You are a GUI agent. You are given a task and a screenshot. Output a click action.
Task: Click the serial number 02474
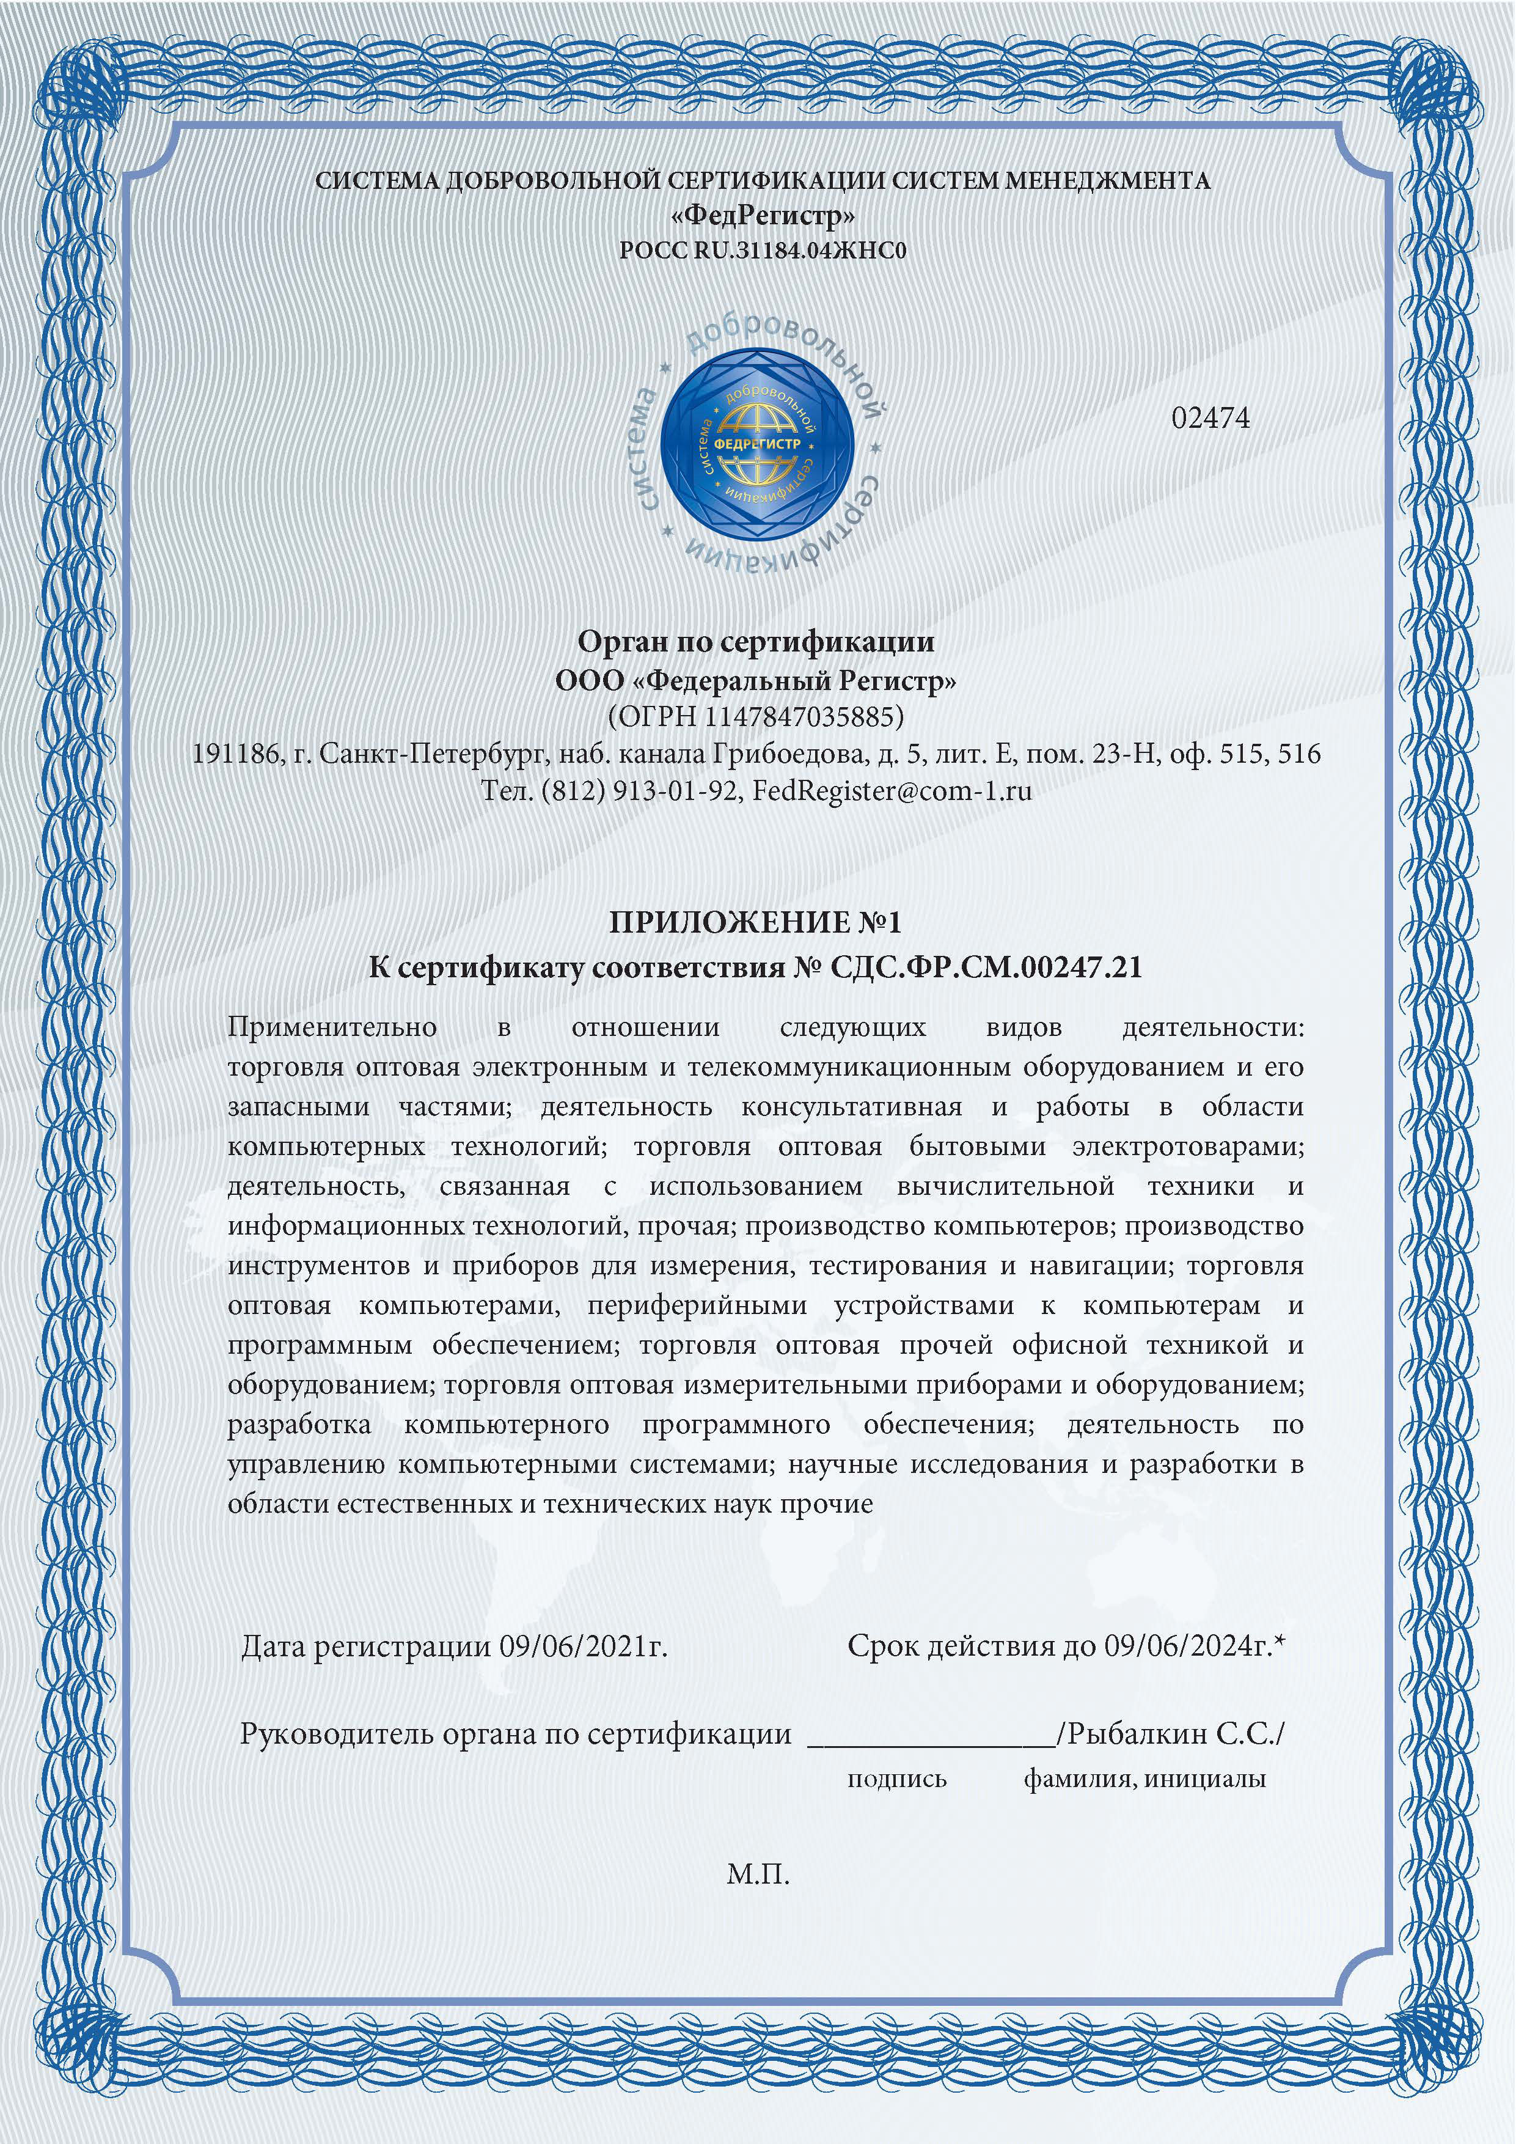coord(1210,418)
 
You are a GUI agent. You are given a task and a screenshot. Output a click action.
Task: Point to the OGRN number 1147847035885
coord(805,716)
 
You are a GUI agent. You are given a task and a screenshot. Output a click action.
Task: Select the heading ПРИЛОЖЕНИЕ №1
coord(756,923)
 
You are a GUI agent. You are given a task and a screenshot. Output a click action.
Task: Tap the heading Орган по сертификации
coord(756,642)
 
